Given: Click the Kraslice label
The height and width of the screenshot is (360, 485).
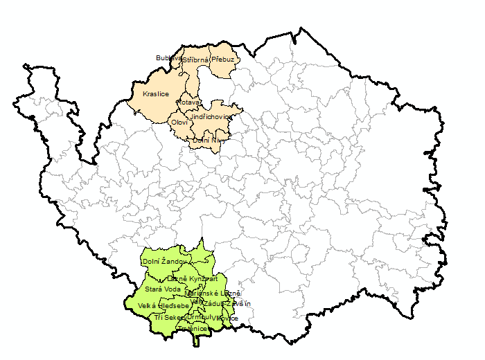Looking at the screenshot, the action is [155, 93].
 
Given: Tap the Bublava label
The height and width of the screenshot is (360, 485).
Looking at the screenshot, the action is [168, 57].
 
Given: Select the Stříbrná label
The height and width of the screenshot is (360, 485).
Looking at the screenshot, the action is [196, 60].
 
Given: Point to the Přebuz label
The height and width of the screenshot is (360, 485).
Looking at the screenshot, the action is [224, 60].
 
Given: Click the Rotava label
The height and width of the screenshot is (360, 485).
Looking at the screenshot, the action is [188, 102].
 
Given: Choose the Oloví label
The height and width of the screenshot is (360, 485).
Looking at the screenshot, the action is [178, 123].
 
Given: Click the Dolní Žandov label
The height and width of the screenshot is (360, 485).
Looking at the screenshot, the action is [164, 262].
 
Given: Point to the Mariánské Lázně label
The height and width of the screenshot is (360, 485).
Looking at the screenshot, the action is [213, 294].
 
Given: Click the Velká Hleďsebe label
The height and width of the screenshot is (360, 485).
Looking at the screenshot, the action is [164, 305].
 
